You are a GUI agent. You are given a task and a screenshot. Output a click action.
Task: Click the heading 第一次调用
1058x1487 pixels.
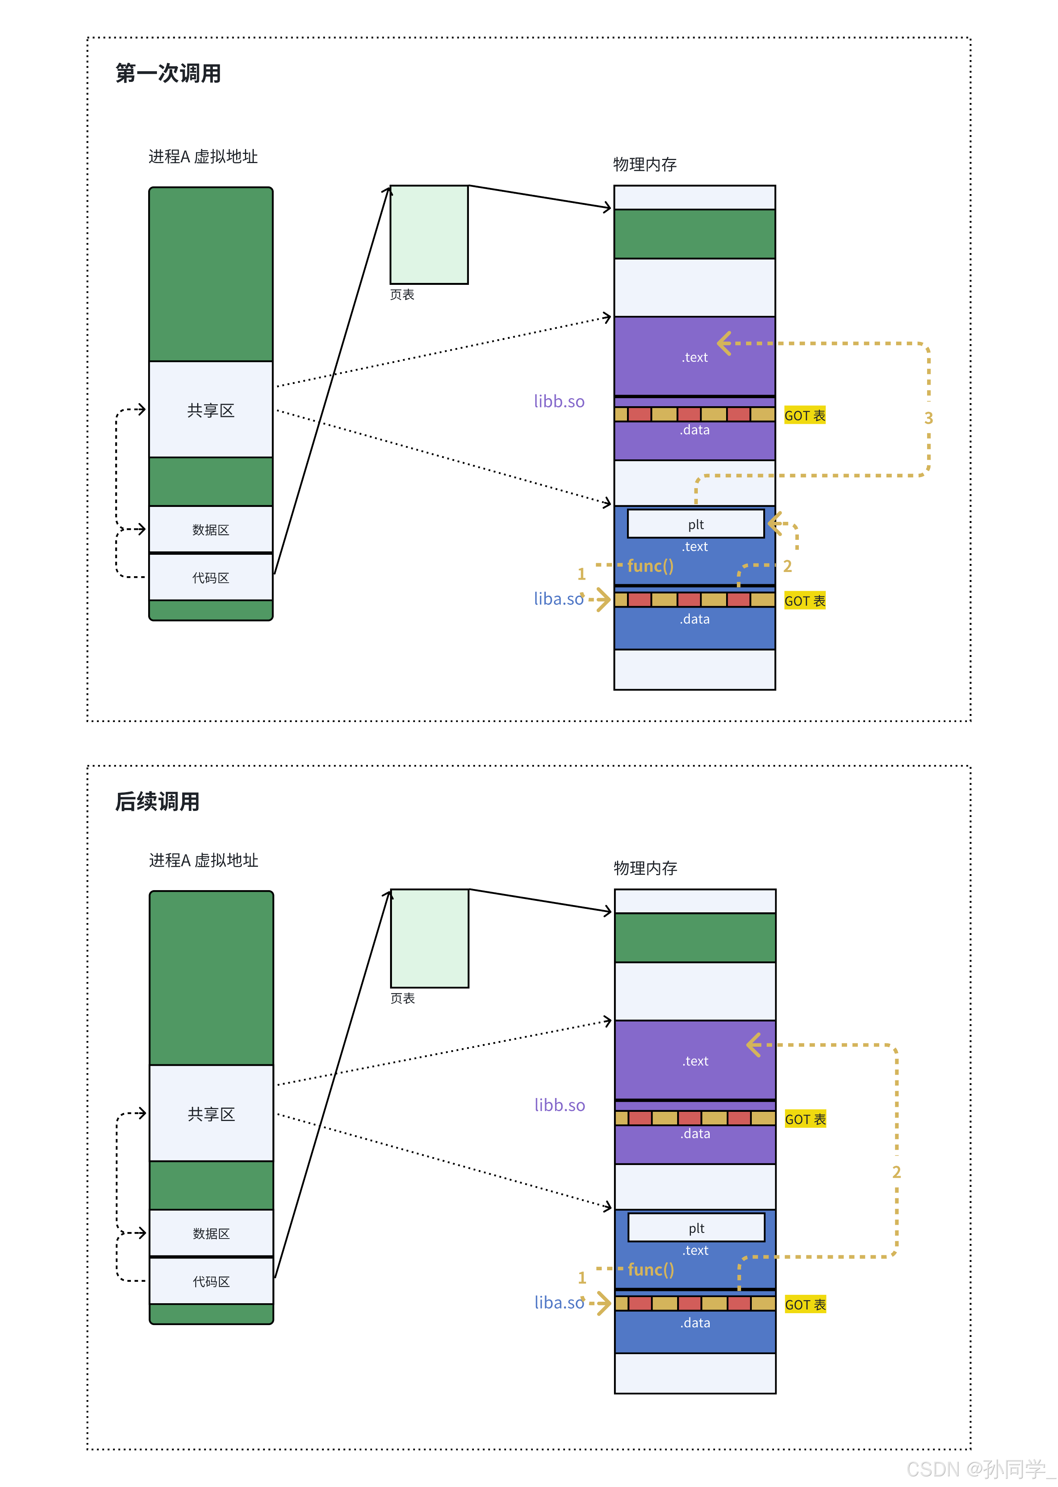click(168, 74)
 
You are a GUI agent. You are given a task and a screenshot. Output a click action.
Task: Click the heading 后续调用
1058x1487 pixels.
click(158, 801)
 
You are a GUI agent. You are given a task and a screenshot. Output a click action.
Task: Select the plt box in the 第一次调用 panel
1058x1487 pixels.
click(696, 524)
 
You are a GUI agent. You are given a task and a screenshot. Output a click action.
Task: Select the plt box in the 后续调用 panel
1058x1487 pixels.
click(696, 1228)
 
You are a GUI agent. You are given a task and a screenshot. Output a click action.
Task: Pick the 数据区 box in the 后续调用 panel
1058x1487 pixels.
click(211, 1233)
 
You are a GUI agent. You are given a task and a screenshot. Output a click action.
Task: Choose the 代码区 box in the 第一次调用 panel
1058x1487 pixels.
click(211, 577)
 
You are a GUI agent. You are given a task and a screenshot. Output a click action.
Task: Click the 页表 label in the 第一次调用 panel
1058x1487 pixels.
click(402, 294)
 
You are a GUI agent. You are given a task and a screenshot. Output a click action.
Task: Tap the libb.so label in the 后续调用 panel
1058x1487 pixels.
click(560, 1105)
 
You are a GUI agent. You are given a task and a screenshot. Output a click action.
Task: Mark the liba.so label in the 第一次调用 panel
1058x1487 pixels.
click(558, 599)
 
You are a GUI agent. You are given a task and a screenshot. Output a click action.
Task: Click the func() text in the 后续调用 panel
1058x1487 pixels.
click(651, 1270)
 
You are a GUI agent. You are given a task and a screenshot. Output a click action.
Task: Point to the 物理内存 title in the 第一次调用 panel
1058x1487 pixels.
click(645, 164)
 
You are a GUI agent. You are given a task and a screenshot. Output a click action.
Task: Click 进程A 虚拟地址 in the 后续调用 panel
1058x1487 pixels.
click(203, 860)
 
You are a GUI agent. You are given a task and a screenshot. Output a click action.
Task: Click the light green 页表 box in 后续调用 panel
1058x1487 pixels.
click(429, 938)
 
